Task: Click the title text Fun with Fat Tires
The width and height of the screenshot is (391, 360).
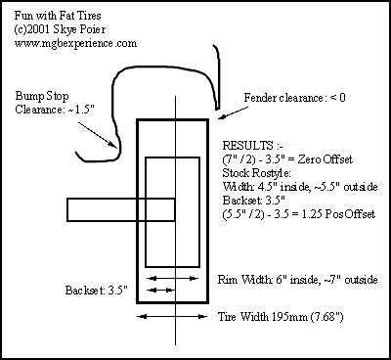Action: [x=58, y=16]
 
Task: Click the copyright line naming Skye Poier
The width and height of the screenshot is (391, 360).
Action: [x=60, y=29]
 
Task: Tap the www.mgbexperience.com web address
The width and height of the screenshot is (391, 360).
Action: [x=75, y=43]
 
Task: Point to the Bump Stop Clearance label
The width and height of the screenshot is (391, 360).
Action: [x=55, y=103]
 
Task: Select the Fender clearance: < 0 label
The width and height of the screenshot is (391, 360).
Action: [x=295, y=98]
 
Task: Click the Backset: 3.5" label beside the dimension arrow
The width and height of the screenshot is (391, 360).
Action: [x=96, y=291]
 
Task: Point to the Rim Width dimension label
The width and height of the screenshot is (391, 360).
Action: [x=297, y=280]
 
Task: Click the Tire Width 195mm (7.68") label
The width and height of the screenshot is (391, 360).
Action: [x=281, y=317]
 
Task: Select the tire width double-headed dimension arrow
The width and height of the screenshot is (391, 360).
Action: [x=172, y=316]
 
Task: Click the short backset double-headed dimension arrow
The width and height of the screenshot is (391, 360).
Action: [x=159, y=290]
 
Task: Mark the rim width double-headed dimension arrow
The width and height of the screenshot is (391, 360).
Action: [x=172, y=279]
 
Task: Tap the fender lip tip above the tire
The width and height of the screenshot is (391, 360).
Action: [x=217, y=108]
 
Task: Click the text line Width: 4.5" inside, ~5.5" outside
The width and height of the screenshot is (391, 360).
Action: [x=300, y=187]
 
